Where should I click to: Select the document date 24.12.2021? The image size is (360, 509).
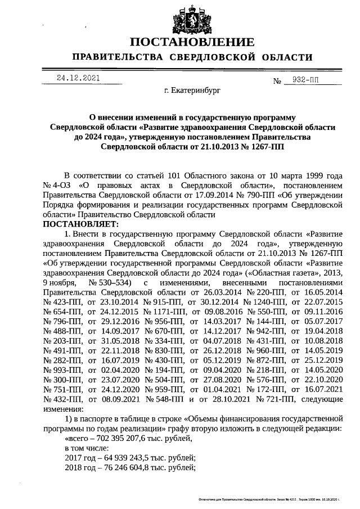point(78,78)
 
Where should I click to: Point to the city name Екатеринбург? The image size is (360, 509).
point(192,89)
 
